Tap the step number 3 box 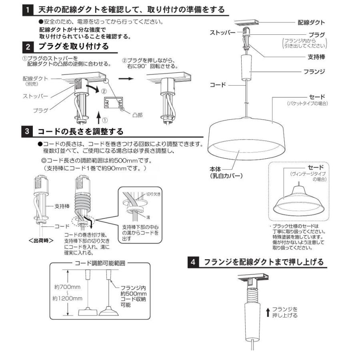[x=27, y=132]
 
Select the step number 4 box [x=194, y=262]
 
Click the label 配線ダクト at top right [x=311, y=22]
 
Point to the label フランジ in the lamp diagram [x=314, y=72]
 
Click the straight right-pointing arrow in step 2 [x=128, y=79]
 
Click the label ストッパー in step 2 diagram [x=36, y=96]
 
